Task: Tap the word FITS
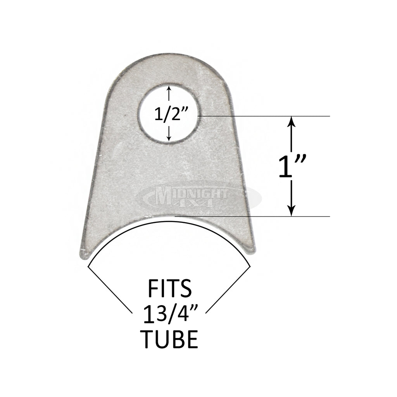[169, 289]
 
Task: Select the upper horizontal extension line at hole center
[264, 116]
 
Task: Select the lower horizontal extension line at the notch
[264, 216]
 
